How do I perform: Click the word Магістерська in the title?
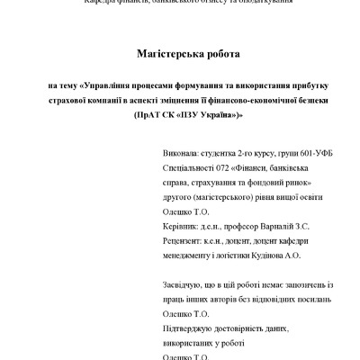click(157, 54)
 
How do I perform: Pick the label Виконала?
click(184, 155)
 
